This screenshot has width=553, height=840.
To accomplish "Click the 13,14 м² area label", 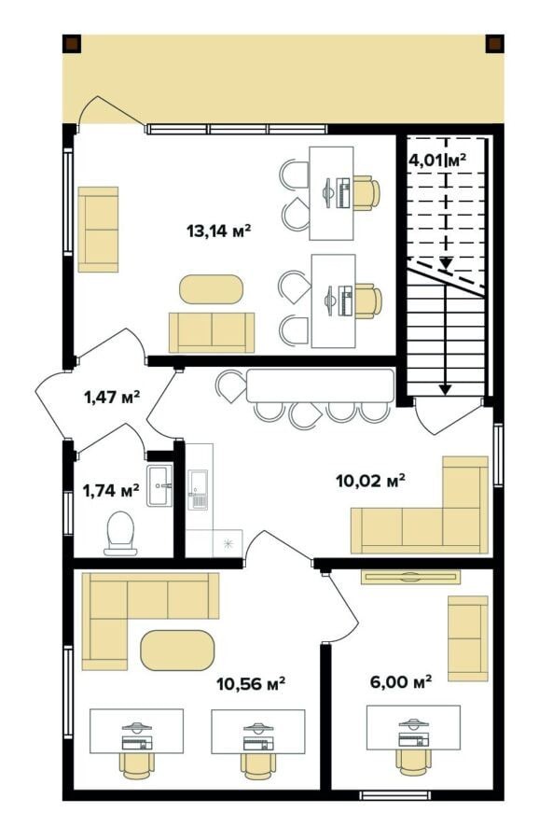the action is coord(218,231).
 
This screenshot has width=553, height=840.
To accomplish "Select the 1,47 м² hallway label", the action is coord(112,397).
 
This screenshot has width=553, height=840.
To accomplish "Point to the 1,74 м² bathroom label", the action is coord(111,490).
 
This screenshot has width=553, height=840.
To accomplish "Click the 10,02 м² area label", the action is coord(370,481).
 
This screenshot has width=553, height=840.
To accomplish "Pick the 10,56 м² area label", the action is coord(251,683).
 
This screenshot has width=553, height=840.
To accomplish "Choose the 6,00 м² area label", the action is coord(401,682).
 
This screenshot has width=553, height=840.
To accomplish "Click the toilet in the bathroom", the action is coord(120,533).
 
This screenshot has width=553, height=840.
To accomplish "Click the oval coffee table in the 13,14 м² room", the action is coord(211,289).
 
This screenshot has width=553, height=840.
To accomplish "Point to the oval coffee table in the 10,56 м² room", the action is coord(177,651).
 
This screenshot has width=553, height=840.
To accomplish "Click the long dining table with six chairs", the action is coord(320,385).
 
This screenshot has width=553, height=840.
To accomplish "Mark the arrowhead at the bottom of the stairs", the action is coord(444,389).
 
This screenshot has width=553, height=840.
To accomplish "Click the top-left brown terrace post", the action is coord(72,44).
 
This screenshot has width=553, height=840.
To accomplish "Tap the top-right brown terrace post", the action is coord(494,44).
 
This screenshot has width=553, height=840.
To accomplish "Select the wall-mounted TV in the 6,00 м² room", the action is coord(410,577).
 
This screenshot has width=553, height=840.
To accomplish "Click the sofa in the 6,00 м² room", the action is coord(468,638).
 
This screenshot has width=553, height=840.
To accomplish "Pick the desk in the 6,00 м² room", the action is coord(413,728).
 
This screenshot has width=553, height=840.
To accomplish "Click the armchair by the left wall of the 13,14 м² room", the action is coord(98,230).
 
